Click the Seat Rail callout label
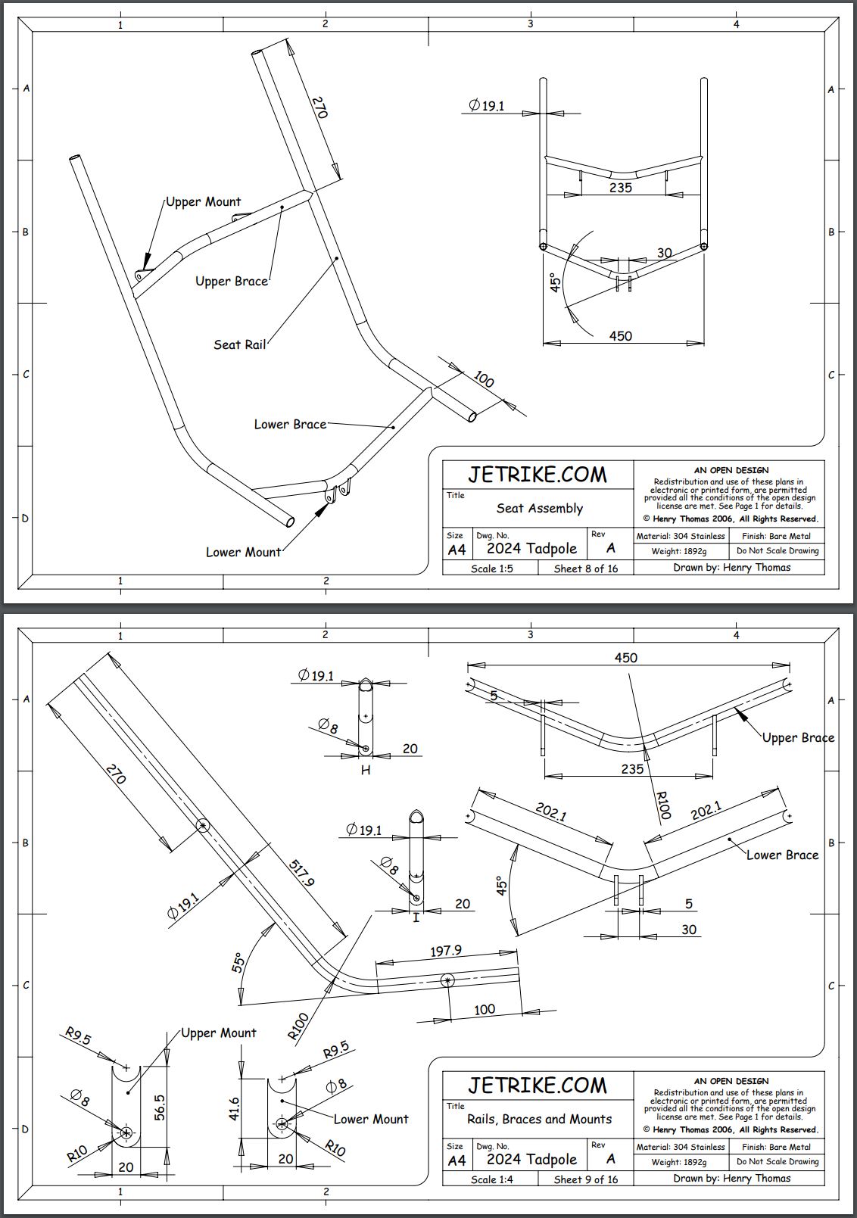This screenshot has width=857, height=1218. point(239,344)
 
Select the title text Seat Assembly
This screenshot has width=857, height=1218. point(539,508)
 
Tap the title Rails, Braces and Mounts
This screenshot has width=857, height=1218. point(539,1119)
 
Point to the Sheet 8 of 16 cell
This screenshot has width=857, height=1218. point(585,569)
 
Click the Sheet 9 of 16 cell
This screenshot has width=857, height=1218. point(585,1179)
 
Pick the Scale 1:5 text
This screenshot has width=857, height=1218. point(491,569)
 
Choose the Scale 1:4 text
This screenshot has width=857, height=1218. point(491,1179)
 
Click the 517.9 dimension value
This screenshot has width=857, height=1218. point(301,871)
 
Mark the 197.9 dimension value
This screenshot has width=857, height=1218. point(446,951)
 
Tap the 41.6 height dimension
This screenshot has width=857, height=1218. point(235,1110)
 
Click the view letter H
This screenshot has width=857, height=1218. point(366,770)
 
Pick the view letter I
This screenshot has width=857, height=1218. point(416,917)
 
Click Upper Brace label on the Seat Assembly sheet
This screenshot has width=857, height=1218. point(232,281)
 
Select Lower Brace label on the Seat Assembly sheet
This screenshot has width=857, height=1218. point(290,424)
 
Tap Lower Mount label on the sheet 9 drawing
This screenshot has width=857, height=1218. point(370,1119)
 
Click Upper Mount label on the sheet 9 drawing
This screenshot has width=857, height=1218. point(218,1033)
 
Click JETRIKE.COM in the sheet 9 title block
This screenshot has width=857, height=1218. point(537,1086)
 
